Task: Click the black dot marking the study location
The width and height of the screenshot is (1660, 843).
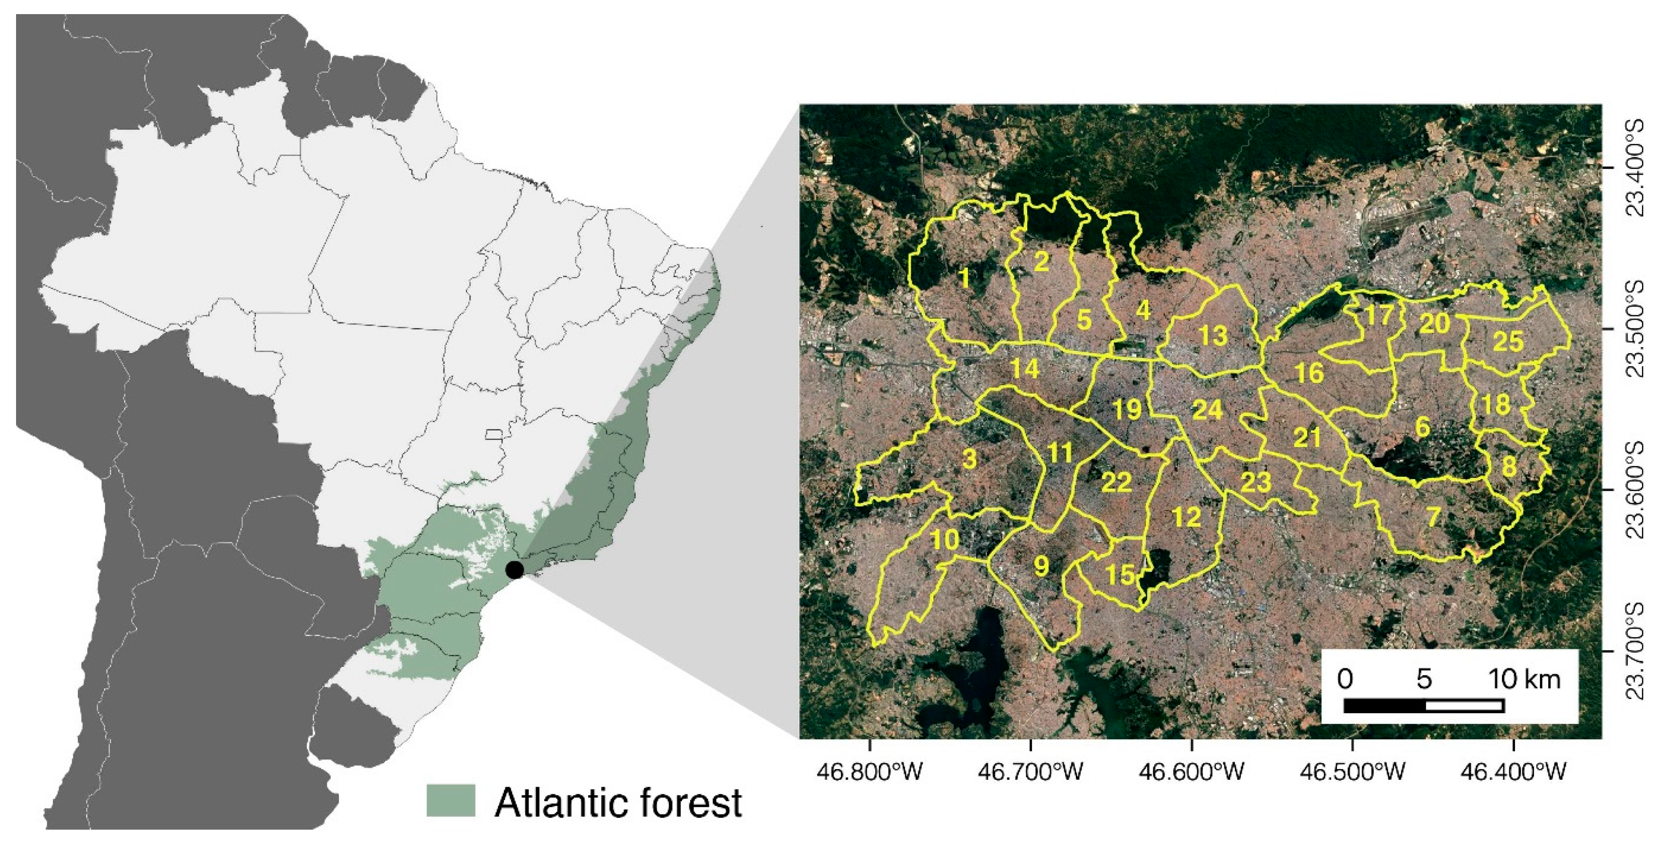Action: pos(514,570)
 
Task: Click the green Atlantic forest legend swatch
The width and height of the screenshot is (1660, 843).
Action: pos(450,801)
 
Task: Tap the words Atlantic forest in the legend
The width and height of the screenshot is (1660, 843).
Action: pos(618,803)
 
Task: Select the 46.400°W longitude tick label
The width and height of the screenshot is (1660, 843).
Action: pos(1513,771)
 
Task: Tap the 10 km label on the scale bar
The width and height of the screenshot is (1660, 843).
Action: pos(1523,679)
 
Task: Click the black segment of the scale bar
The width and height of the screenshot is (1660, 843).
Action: pos(1384,706)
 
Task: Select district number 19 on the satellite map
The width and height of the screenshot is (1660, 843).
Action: pos(1127,409)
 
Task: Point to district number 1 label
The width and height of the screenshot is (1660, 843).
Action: pos(964,278)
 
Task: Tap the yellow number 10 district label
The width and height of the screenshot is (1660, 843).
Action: pos(945,540)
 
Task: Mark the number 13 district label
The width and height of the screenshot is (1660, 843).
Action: pos(1213,335)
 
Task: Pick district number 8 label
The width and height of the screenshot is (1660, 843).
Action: pos(1509,466)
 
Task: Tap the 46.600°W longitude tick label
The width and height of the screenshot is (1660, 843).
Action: pos(1192,771)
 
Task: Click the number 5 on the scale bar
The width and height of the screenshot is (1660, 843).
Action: pos(1424,679)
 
